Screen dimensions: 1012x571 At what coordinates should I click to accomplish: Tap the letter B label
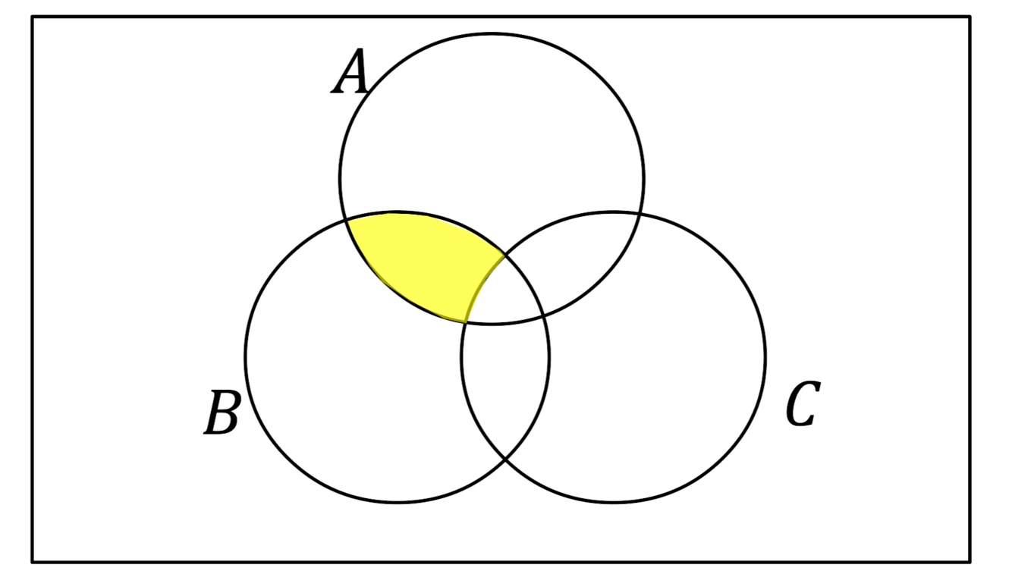pos(222,413)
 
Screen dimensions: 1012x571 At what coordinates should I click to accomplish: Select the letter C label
pos(803,405)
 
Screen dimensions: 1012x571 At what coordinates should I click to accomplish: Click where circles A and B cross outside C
pos(347,219)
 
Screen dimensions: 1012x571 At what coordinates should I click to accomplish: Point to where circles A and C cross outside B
pos(639,217)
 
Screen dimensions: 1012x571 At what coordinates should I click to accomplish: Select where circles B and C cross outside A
pos(505,459)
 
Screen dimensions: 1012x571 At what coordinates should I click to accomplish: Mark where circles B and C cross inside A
pos(504,256)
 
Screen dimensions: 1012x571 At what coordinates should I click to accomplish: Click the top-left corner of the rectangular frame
pos(33,17)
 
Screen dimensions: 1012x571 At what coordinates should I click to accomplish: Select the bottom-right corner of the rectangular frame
pos(970,561)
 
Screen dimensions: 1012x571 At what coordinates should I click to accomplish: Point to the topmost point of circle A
pos(492,33)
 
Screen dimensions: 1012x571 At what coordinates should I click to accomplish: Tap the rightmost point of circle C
pos(765,357)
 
